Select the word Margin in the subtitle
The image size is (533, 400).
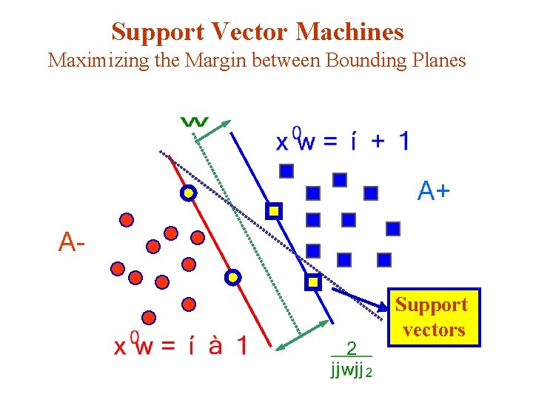point(212,60)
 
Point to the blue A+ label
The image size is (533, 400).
point(433,192)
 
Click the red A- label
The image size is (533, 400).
point(73,241)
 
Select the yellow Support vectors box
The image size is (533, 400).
point(433,317)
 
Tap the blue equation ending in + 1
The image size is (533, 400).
point(341,141)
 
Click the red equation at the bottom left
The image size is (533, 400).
point(180,346)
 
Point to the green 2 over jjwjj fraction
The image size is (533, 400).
point(351,359)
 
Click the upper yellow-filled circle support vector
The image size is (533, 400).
point(189,193)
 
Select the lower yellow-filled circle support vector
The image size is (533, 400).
point(233,277)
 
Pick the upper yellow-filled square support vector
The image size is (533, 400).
point(274,211)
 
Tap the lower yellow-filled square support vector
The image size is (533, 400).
point(313,281)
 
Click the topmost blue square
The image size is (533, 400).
point(286,171)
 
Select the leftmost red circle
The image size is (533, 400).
point(117,269)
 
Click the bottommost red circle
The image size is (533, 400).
point(149,317)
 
